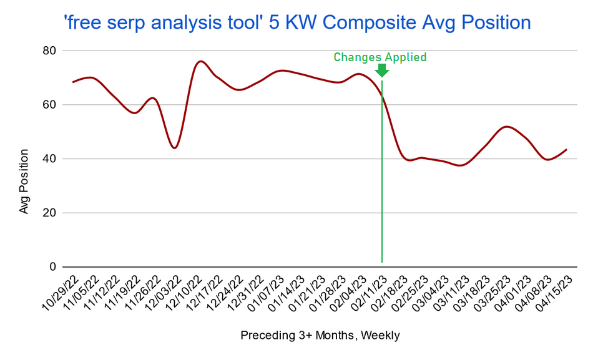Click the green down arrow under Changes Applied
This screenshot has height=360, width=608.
coord(382,71)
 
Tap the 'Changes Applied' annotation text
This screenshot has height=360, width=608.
coord(380,57)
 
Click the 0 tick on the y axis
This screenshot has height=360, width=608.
coord(54,267)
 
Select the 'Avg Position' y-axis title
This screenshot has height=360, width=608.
coord(24,181)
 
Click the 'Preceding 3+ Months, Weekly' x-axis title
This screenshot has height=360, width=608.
coord(320,336)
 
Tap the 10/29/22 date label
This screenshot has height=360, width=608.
coord(61,293)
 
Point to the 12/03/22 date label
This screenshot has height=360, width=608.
coord(164,293)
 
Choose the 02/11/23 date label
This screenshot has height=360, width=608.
coord(370,293)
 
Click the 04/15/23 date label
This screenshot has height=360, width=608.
coord(555,293)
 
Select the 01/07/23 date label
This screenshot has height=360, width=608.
coord(267,293)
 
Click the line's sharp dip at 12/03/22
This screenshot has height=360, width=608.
coord(175,148)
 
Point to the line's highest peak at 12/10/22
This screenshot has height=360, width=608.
coord(200,61)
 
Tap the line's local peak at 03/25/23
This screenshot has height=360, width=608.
coord(507,127)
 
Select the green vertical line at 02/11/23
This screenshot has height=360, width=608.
coord(381,187)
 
